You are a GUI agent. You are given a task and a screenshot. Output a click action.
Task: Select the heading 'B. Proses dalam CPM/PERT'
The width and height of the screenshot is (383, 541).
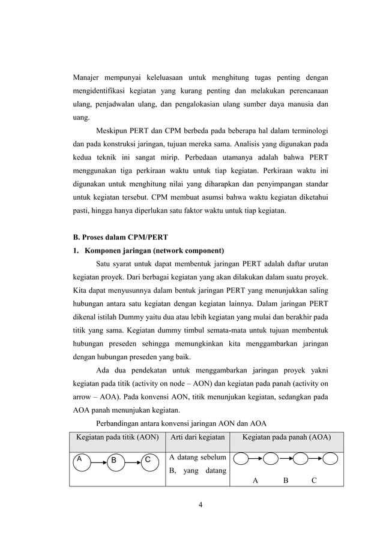click(x=115, y=237)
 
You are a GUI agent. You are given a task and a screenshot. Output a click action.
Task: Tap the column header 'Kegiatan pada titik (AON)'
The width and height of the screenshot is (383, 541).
click(x=114, y=437)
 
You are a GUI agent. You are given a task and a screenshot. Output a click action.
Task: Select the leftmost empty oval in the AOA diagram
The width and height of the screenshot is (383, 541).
click(x=241, y=460)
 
